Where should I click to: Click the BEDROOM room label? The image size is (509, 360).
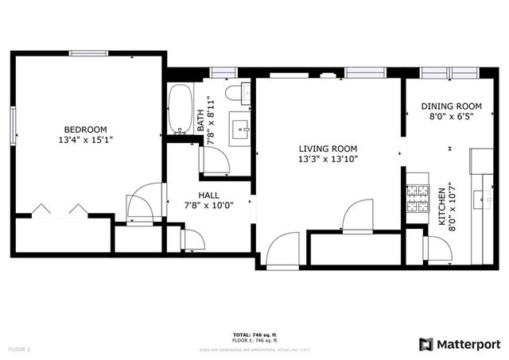coord(86,130)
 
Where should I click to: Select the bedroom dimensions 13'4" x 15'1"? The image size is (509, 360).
coord(86,141)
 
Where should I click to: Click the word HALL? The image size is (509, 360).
coord(209,195)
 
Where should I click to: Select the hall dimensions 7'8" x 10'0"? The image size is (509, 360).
coord(209,206)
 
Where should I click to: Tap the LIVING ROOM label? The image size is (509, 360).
coord(328,149)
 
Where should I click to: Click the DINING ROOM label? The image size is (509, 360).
coord(452,106)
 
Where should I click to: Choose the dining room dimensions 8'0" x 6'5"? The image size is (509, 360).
coord(452,117)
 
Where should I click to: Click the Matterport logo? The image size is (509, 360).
coord(460,343)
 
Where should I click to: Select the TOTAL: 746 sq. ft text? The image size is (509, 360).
coord(254,335)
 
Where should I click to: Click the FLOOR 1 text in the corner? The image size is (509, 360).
coord(19,349)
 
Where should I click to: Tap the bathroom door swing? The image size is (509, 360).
coord(215,161)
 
